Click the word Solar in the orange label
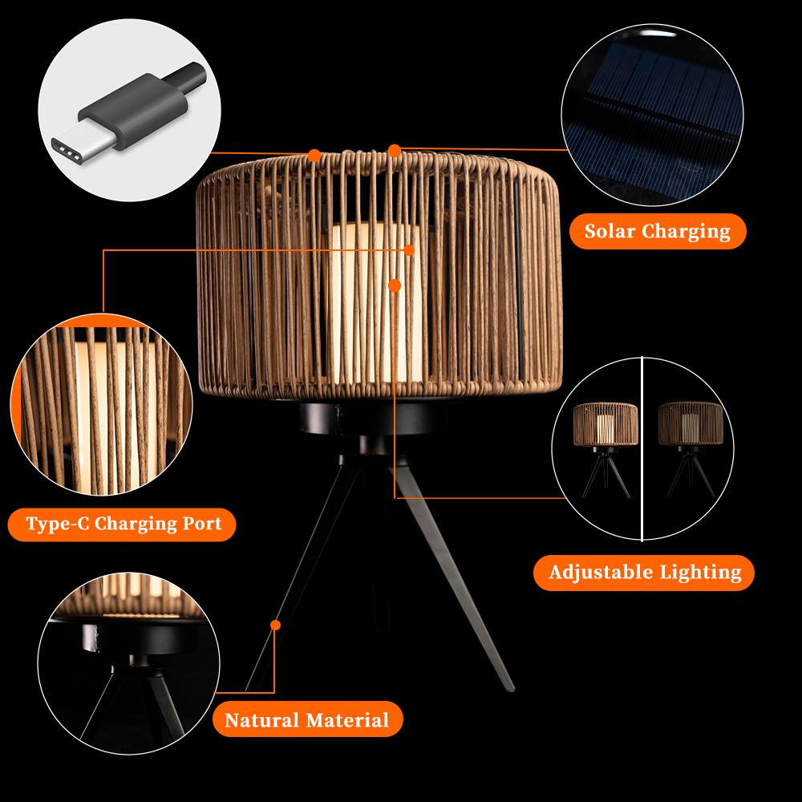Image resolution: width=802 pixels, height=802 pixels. pos(610,231)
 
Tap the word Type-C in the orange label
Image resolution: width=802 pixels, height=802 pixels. pos(57,524)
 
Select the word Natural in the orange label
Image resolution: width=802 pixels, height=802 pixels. pos(262,720)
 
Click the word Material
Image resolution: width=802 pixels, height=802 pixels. pos(347,720)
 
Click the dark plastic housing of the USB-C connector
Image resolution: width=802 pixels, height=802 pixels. pos(134,111)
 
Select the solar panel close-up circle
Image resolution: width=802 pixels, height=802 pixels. pos(652,115)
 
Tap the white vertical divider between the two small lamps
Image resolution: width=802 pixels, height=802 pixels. pos(642,448)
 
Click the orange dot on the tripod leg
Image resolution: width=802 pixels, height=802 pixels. pos(275,625)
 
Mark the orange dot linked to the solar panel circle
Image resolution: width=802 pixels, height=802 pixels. pos(395,151)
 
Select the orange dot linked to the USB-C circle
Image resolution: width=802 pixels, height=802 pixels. pos(314,155)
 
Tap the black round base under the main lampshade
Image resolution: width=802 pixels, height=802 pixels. pos(374,418)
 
